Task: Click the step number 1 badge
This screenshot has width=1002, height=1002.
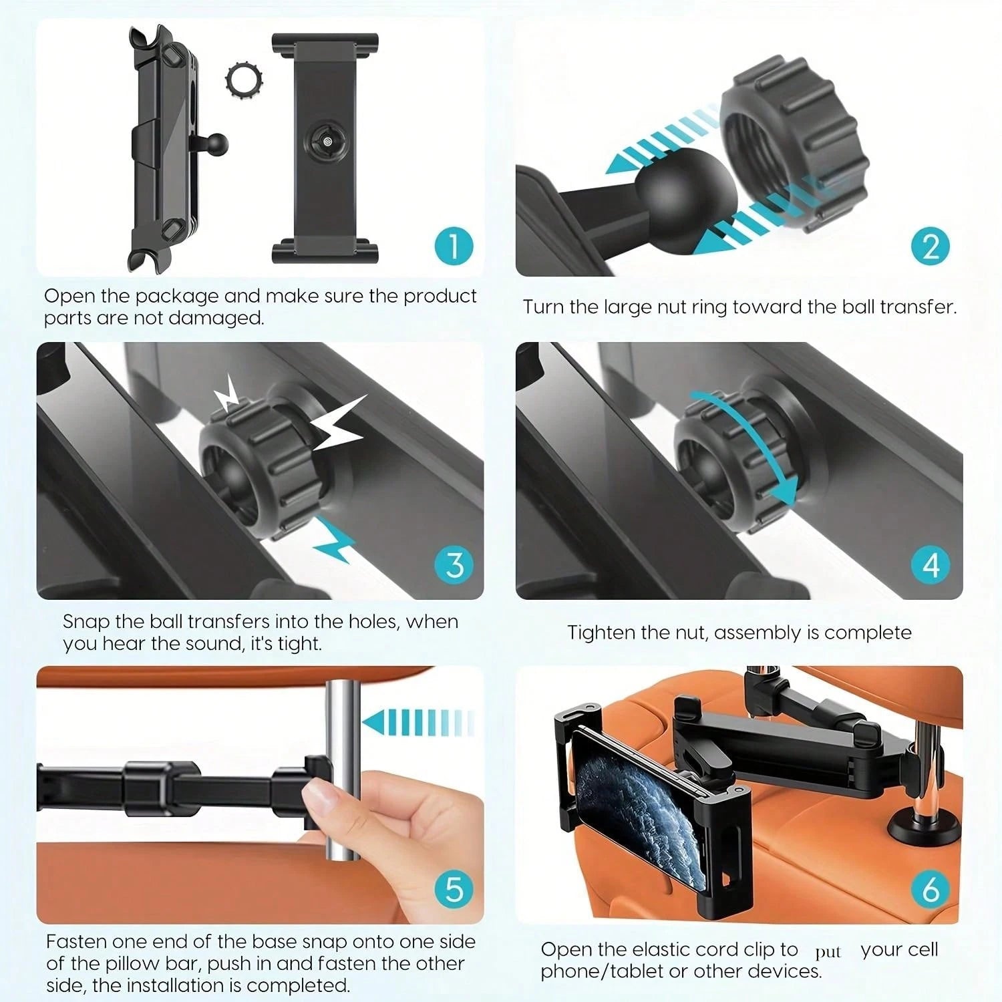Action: (454, 245)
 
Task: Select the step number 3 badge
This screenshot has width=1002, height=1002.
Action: (454, 565)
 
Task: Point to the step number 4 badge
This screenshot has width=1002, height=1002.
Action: (931, 565)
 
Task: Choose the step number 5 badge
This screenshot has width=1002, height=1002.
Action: (454, 889)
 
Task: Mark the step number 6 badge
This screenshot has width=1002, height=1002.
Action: (931, 889)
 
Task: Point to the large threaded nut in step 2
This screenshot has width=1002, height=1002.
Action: (795, 144)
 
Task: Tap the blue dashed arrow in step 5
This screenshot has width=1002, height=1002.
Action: (417, 723)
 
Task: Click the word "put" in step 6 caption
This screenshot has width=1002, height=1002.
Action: (828, 953)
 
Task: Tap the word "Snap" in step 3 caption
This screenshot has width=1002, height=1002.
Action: (86, 621)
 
